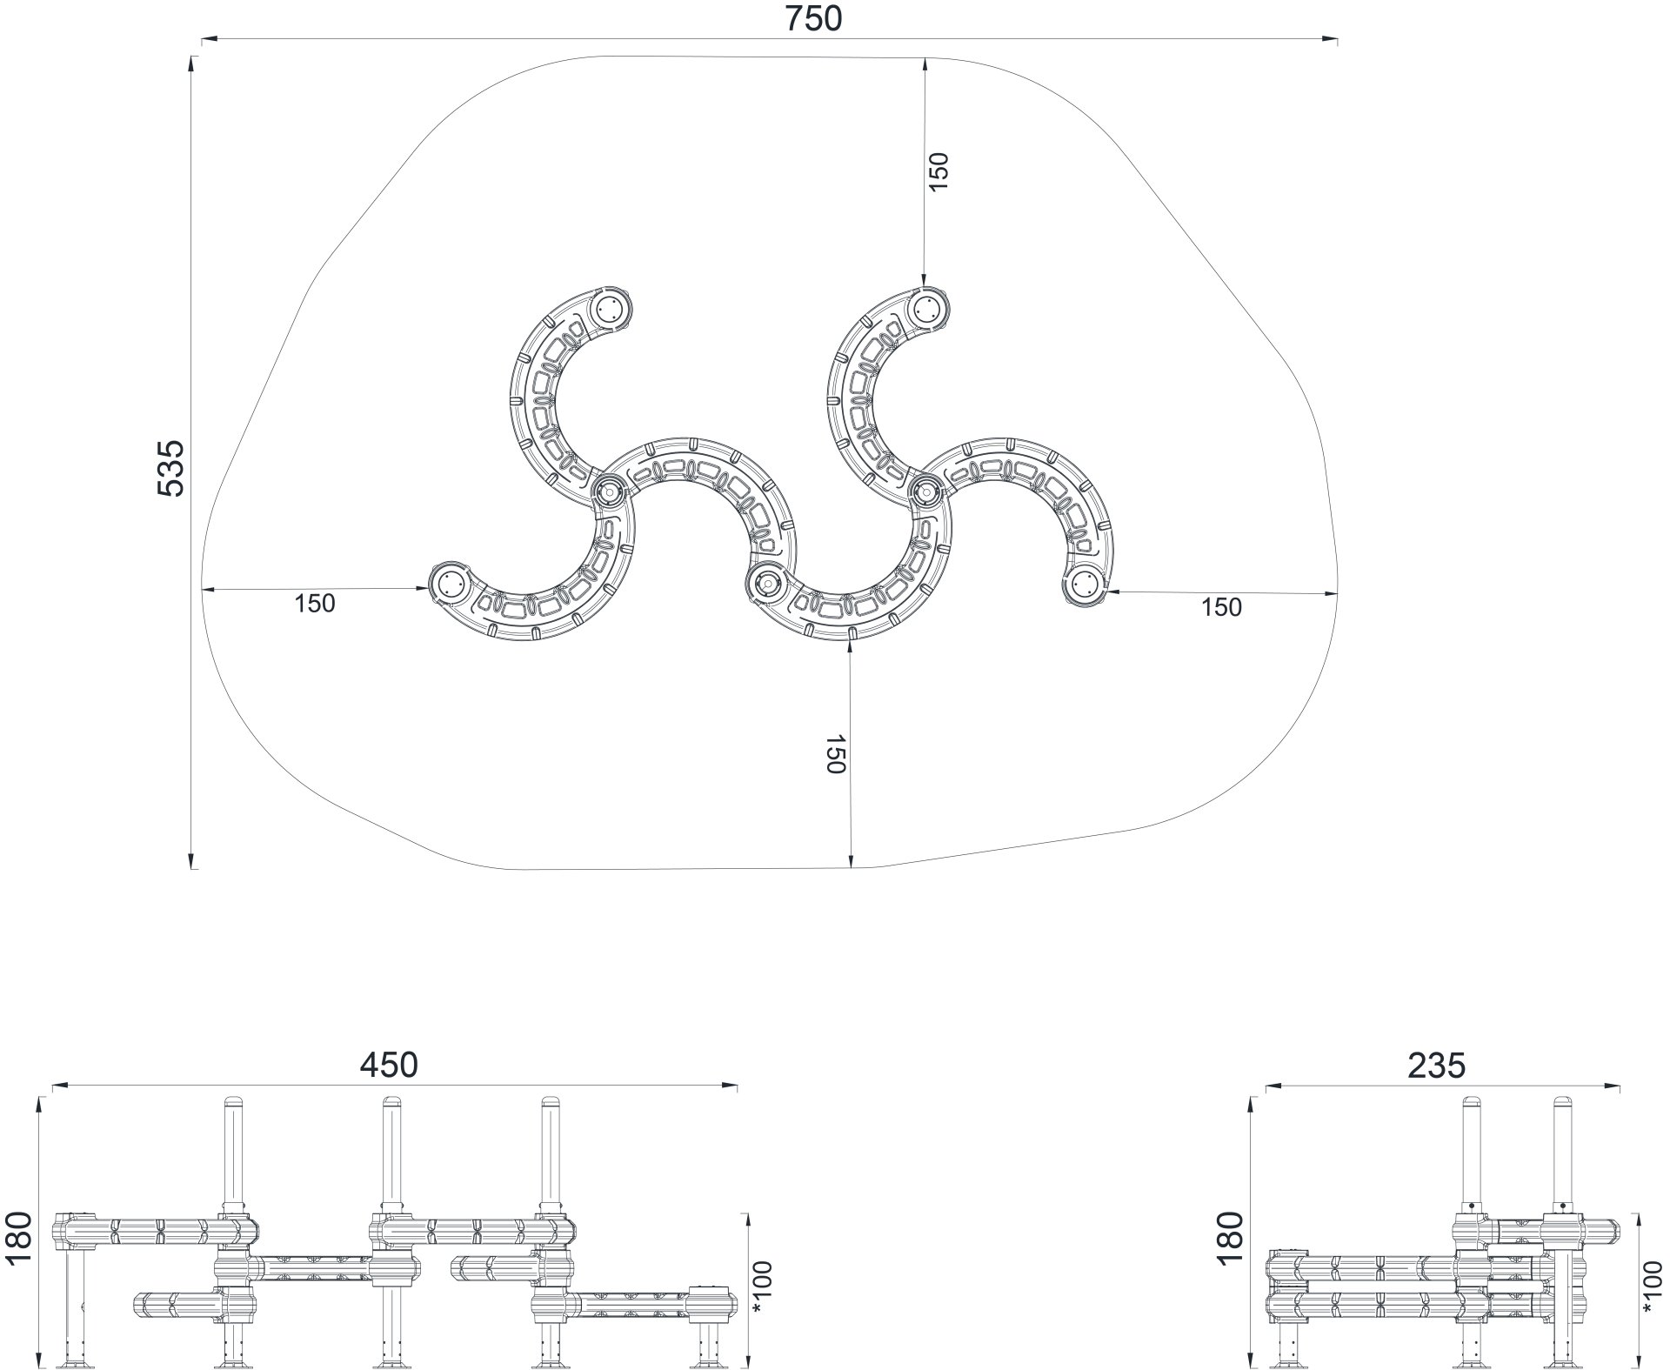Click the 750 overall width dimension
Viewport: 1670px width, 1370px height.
[x=813, y=18]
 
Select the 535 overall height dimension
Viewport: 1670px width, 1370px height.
[x=171, y=468]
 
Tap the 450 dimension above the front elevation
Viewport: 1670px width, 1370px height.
[x=390, y=1066]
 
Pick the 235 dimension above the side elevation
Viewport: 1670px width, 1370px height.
[x=1437, y=1066]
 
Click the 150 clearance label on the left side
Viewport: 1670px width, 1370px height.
[x=314, y=603]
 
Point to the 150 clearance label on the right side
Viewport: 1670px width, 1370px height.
[x=1221, y=607]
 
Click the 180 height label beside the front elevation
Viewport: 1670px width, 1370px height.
[x=18, y=1241]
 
